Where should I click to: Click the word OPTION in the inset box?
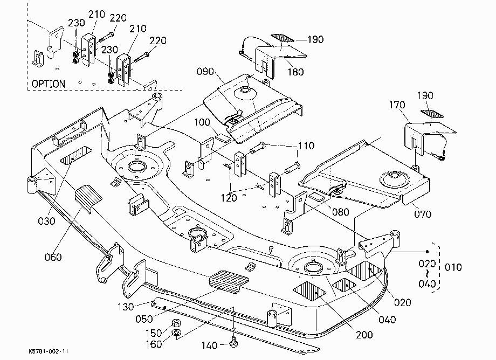(x=49, y=84)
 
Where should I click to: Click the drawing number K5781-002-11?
(x=48, y=351)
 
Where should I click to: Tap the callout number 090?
(x=205, y=72)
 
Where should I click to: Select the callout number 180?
(x=295, y=72)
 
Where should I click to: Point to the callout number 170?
(x=397, y=105)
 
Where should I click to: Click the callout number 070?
(x=423, y=214)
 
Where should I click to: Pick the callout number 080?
(x=341, y=212)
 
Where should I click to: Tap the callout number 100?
(x=202, y=122)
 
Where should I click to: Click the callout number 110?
(x=306, y=146)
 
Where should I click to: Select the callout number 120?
(x=229, y=198)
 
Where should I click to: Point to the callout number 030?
(x=46, y=221)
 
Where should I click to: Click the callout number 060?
(x=53, y=257)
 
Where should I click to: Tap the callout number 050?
(x=144, y=319)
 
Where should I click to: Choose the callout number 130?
(x=126, y=307)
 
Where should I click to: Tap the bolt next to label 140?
(x=234, y=343)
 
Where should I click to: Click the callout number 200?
(x=364, y=335)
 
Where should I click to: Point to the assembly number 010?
(x=453, y=267)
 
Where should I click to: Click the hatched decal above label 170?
(x=432, y=114)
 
